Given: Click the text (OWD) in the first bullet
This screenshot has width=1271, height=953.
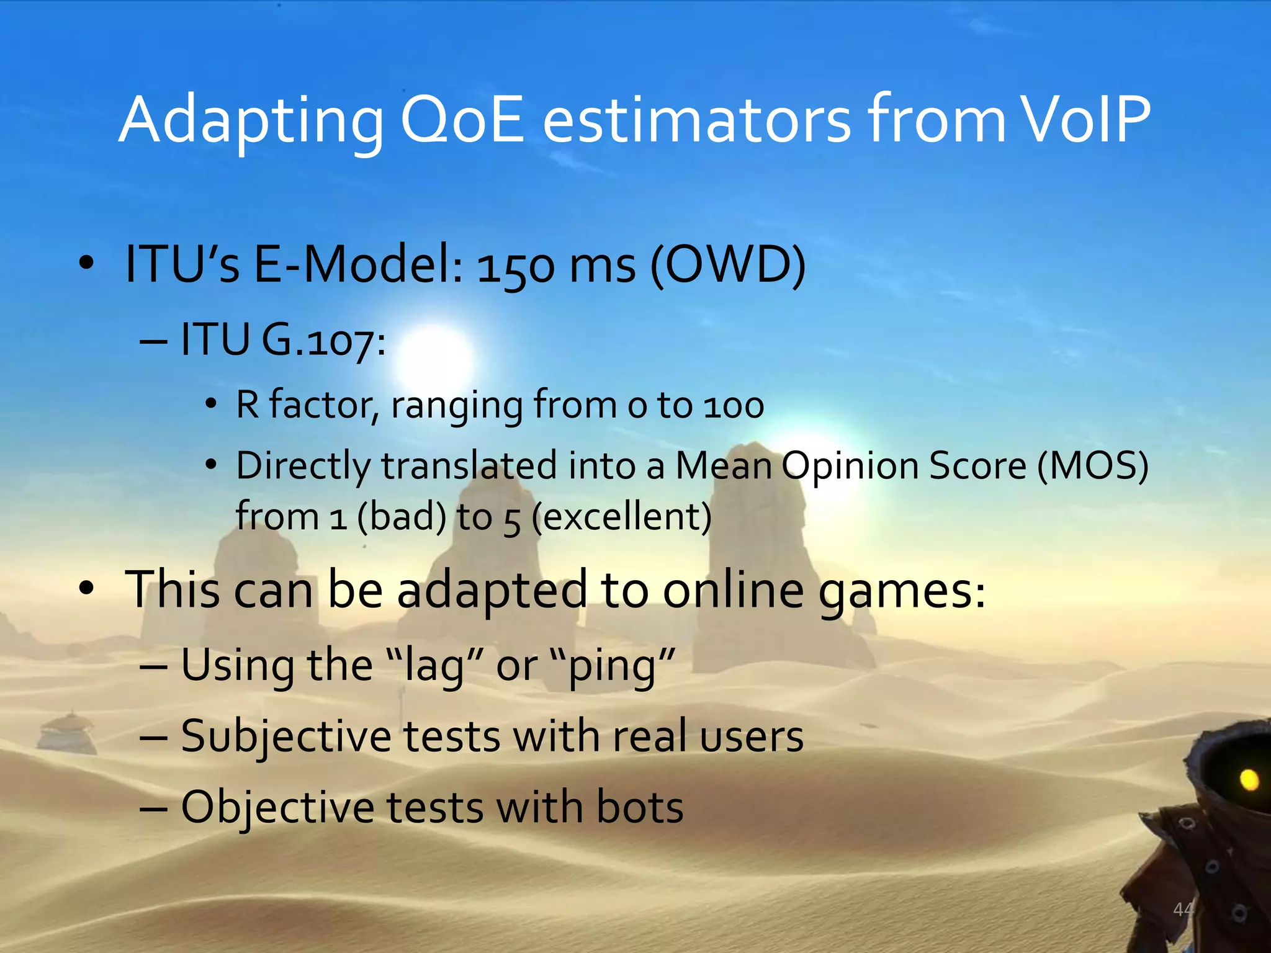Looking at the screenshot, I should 728,265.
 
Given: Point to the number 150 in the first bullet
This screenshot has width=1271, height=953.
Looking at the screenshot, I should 515,267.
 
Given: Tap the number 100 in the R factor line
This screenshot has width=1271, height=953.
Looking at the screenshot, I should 733,406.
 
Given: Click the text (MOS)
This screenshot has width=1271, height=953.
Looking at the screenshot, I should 1093,465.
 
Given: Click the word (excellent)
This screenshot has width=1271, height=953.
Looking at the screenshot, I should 622,516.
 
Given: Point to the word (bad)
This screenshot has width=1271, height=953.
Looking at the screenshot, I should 402,516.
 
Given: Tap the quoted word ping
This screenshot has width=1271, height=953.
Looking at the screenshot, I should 612,666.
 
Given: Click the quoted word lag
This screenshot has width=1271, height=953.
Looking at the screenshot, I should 434,666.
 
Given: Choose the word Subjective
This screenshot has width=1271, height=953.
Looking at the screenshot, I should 286,737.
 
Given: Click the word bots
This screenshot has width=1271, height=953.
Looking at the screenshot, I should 639,808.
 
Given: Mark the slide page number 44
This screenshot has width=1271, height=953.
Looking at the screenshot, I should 1183,910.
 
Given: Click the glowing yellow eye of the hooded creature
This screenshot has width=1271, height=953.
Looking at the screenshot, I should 1249,779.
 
